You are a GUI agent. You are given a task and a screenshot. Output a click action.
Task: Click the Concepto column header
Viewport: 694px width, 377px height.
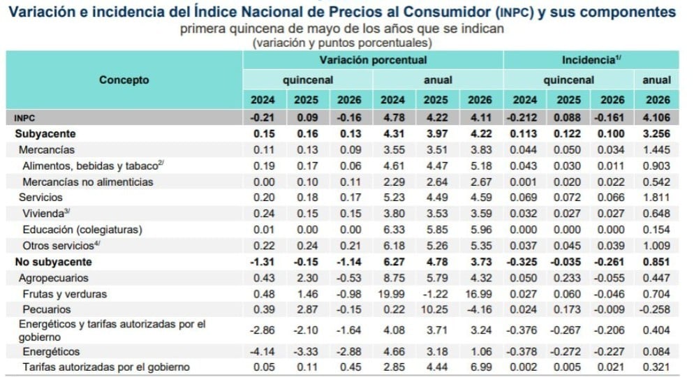point(124,80)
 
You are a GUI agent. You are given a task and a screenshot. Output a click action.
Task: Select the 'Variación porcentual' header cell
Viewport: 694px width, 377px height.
point(373,60)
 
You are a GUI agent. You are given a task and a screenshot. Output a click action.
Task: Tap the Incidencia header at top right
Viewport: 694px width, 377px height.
point(591,60)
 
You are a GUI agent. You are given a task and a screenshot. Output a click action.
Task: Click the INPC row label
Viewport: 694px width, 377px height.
point(24,118)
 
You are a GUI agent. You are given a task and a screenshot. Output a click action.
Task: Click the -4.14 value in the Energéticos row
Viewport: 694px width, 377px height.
point(263,351)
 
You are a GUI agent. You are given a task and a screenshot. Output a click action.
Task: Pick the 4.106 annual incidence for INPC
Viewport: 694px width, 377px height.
point(656,118)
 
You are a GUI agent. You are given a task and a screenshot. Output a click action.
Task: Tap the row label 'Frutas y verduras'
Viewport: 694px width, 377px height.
point(65,294)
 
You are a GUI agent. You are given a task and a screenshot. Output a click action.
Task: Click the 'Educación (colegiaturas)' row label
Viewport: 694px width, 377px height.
point(82,230)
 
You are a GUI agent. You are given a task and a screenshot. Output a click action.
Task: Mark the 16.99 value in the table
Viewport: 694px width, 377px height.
point(480,294)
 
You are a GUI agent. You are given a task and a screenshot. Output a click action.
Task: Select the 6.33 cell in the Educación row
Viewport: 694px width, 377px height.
point(394,230)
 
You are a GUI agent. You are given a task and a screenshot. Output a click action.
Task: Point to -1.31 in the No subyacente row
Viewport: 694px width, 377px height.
point(263,262)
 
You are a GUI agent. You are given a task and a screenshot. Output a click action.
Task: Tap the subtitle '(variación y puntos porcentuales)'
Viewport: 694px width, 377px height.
point(342,43)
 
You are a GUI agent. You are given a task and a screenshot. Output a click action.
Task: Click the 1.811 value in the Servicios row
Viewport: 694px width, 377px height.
point(656,198)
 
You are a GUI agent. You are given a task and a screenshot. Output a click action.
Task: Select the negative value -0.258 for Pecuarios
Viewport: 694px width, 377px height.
point(655,309)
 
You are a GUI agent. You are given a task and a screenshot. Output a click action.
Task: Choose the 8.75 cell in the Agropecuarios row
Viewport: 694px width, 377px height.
point(394,278)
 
